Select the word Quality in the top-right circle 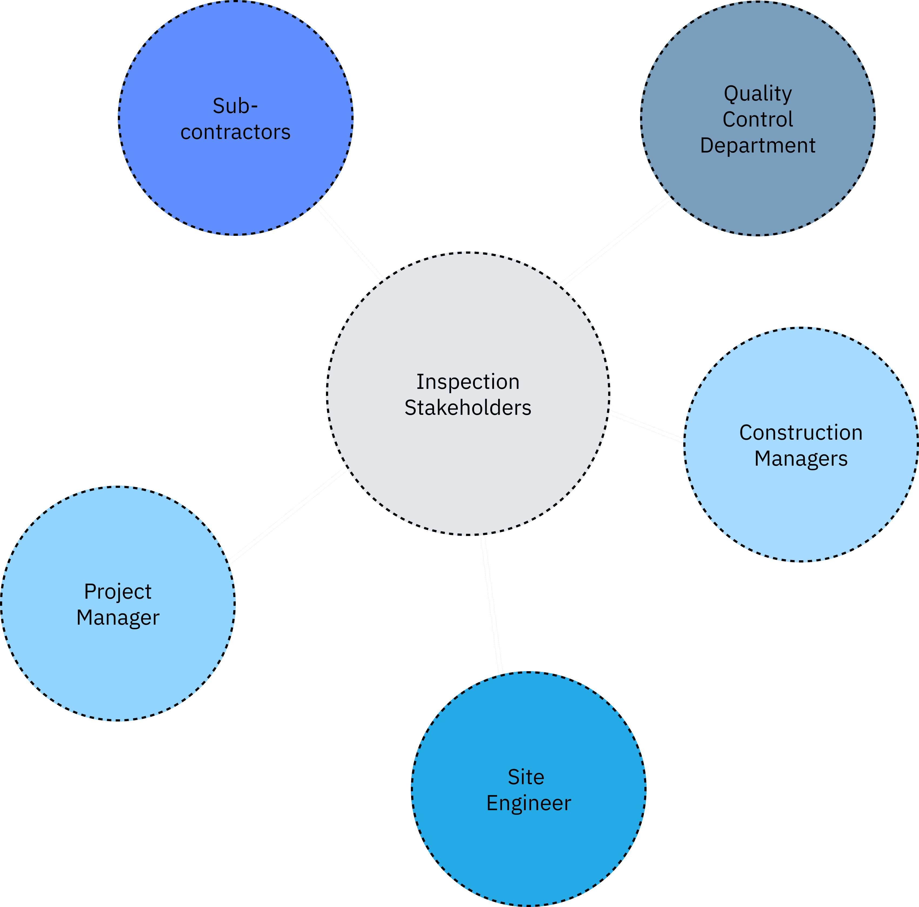757,94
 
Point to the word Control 757,120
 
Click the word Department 757,145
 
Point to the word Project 118,591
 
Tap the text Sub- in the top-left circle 235,106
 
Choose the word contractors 235,132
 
